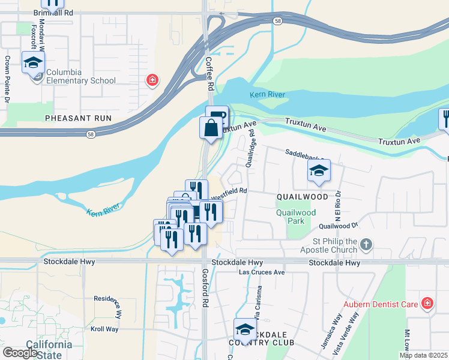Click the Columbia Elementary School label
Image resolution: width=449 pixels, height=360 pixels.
click(x=81, y=77)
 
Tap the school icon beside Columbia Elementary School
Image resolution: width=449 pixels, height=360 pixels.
click(x=33, y=62)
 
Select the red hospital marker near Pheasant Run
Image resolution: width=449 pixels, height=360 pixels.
click(x=152, y=80)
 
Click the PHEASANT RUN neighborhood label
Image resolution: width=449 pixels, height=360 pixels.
click(x=78, y=118)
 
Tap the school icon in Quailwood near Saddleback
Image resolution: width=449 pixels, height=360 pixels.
click(x=319, y=170)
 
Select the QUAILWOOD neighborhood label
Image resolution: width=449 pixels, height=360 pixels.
click(x=303, y=197)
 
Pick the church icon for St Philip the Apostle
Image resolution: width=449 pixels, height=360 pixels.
click(x=366, y=244)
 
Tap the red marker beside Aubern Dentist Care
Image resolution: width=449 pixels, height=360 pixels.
click(x=427, y=304)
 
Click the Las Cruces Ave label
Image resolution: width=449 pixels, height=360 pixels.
click(x=262, y=272)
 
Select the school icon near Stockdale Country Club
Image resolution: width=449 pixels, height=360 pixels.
click(x=244, y=329)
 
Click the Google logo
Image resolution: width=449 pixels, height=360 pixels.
click(x=20, y=353)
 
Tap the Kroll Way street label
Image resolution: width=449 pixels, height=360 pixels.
click(x=105, y=329)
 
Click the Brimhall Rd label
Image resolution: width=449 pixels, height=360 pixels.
click(x=53, y=12)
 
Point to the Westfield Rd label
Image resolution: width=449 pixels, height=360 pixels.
click(x=229, y=191)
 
